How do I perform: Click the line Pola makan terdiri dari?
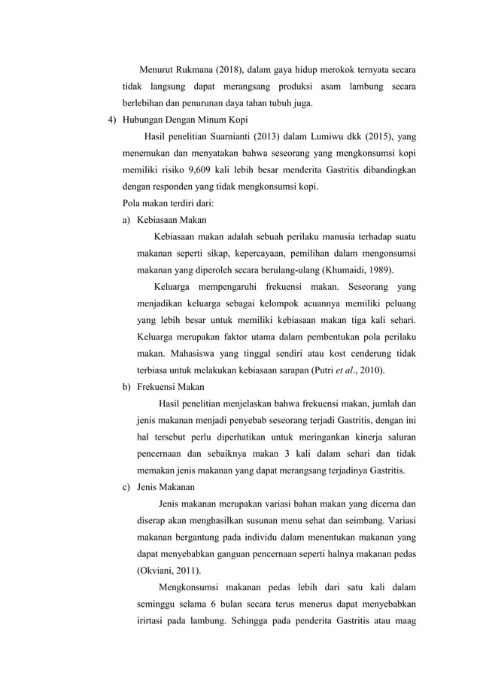172,203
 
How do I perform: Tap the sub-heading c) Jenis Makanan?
160,487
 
